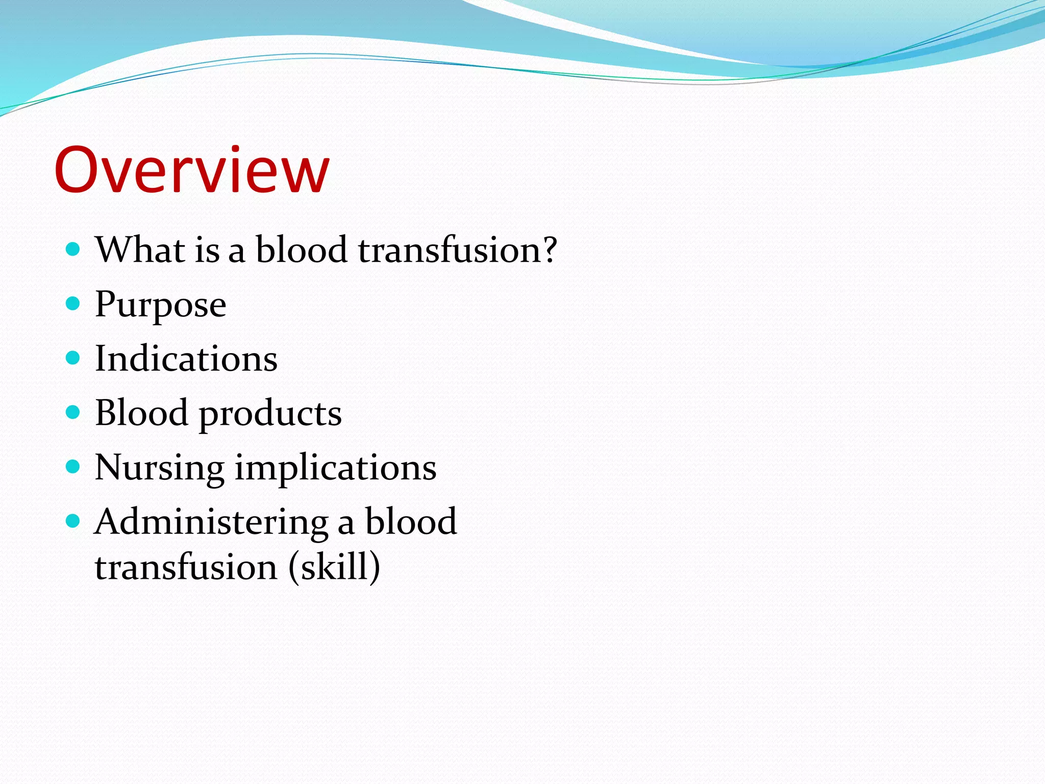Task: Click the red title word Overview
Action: (x=191, y=170)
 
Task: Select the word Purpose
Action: (x=161, y=305)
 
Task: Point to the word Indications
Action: (x=186, y=358)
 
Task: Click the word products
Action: (x=270, y=414)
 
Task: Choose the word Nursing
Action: (x=159, y=468)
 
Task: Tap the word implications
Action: (x=335, y=468)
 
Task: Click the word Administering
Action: (x=211, y=523)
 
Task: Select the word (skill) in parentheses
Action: (x=334, y=567)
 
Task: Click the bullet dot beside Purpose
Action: (x=73, y=304)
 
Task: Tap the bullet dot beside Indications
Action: (x=73, y=358)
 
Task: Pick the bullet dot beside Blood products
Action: (x=73, y=412)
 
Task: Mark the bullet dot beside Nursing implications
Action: (x=73, y=467)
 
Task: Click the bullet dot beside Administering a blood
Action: (x=73, y=521)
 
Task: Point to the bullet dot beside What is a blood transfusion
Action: (x=73, y=249)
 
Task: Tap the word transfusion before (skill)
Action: (x=186, y=568)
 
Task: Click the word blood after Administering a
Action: (x=411, y=522)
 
